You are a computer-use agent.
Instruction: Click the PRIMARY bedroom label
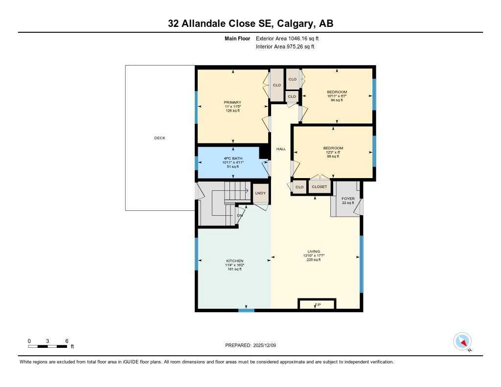(233, 102)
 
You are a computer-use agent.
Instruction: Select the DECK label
(159, 138)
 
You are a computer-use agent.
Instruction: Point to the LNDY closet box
(260, 193)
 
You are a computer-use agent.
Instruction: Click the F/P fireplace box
(317, 305)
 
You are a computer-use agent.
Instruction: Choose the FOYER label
(348, 199)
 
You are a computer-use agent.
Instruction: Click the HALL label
(281, 149)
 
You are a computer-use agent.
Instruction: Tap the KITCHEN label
(234, 261)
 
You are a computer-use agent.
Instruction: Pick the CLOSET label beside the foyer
(319, 187)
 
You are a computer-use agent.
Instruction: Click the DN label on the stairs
(239, 215)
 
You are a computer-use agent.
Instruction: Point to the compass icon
(462, 341)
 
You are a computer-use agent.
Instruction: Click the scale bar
(47, 346)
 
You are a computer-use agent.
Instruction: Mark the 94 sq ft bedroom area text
(337, 100)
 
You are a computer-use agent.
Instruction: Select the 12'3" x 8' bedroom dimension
(333, 152)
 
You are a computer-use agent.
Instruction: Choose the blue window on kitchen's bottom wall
(246, 310)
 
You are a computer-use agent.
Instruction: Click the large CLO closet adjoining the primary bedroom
(277, 85)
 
